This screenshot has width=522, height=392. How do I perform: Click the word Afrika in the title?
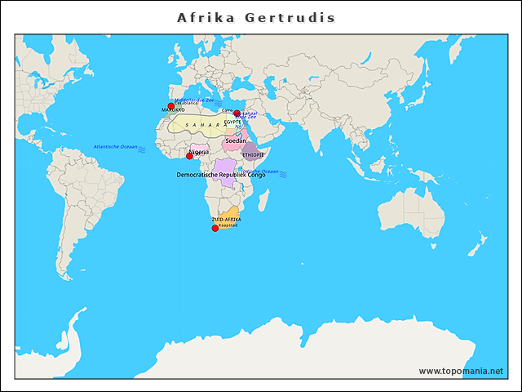click(x=206, y=17)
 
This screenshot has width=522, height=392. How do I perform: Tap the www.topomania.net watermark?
click(x=461, y=371)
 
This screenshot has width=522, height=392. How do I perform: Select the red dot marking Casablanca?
click(x=171, y=105)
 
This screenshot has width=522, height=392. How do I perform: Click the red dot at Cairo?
click(x=237, y=114)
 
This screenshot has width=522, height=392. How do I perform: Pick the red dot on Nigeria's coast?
click(x=189, y=155)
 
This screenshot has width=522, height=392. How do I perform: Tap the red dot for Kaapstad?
click(x=215, y=228)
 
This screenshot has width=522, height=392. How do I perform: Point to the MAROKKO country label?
click(x=173, y=109)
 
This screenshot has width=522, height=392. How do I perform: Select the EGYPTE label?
click(x=232, y=122)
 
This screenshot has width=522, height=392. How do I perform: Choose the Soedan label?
click(x=235, y=140)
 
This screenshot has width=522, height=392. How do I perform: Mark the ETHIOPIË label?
click(x=253, y=154)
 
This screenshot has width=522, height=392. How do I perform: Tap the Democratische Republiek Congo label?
click(x=220, y=175)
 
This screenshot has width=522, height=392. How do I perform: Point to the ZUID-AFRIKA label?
click(x=226, y=220)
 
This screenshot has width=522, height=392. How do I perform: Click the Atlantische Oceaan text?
click(x=114, y=147)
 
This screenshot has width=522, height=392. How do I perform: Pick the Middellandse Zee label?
click(x=194, y=100)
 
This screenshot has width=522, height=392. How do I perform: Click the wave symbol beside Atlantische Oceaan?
click(x=142, y=150)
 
